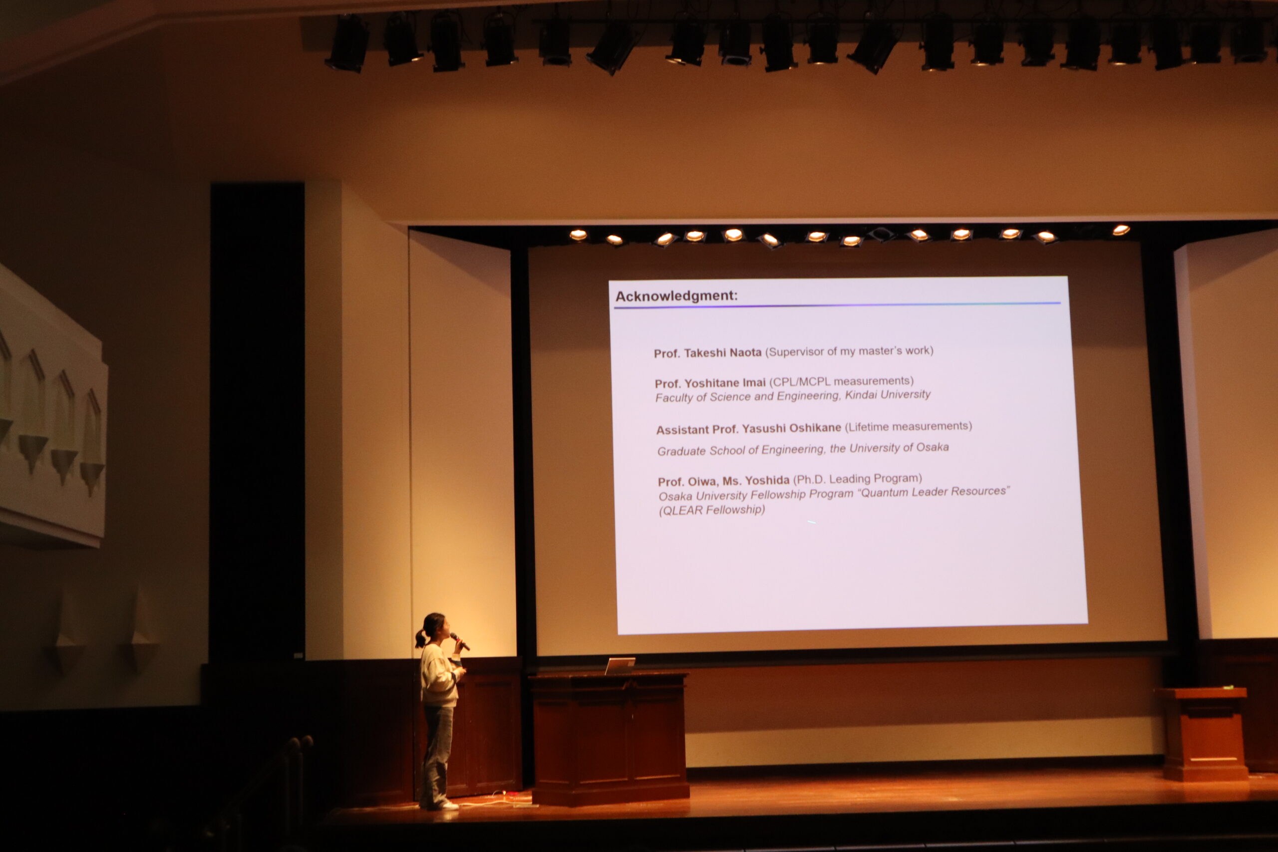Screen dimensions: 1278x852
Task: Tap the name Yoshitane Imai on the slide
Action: [x=725, y=383]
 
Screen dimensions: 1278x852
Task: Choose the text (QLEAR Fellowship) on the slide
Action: [x=712, y=510]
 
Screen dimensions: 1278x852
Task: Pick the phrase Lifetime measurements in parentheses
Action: [x=908, y=427]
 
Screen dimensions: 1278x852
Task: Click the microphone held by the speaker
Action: [x=460, y=641]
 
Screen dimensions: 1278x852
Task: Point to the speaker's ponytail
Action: [x=420, y=638]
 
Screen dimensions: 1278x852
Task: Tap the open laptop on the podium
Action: [x=620, y=666]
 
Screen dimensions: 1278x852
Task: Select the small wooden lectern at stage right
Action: [x=1204, y=734]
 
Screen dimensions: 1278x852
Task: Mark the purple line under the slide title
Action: [x=837, y=305]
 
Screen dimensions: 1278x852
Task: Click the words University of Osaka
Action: [x=899, y=448]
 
